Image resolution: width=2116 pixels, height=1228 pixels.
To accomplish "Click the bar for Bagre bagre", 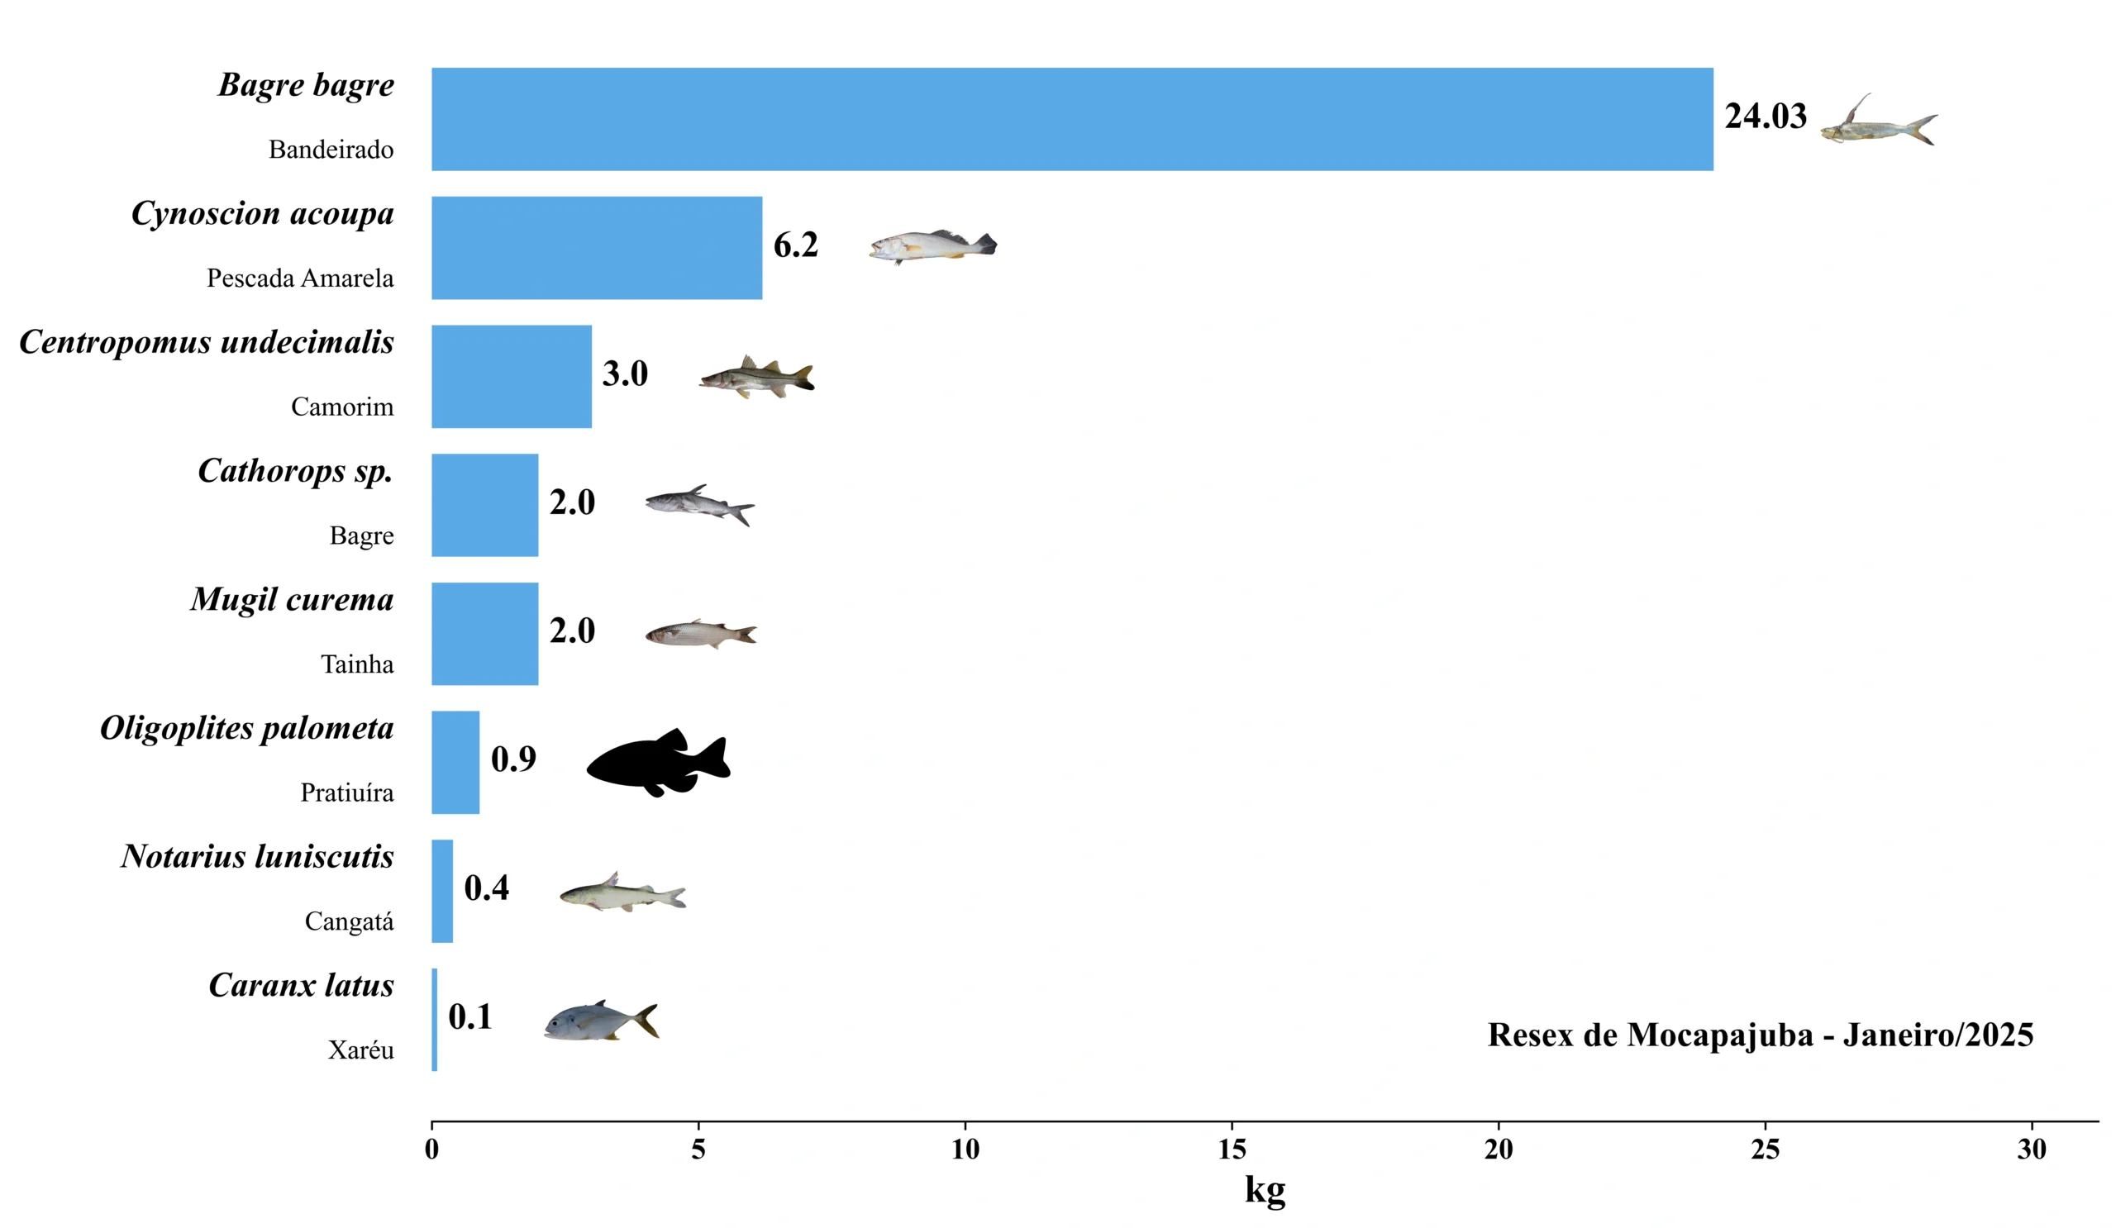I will [x=1071, y=119].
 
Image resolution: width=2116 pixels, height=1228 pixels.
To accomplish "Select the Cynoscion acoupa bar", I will [x=596, y=248].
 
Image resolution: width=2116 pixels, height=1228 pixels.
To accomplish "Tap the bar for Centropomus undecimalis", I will [x=511, y=376].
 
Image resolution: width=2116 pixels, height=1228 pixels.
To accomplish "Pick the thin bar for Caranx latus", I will [x=434, y=1019].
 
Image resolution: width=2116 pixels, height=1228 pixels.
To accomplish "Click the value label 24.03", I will [x=1765, y=116].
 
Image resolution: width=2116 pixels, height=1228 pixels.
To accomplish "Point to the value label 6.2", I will [x=795, y=245].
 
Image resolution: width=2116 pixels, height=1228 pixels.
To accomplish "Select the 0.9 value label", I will [x=513, y=759].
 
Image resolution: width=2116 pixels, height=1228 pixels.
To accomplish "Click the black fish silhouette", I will [x=658, y=762].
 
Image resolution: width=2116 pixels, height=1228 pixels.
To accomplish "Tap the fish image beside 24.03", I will [x=1880, y=121].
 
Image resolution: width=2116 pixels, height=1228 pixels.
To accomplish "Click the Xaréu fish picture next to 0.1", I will [x=600, y=1021].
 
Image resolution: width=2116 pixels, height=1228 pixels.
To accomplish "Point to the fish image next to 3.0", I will [x=756, y=377].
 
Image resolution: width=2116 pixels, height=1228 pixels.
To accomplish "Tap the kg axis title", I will [x=1265, y=1190].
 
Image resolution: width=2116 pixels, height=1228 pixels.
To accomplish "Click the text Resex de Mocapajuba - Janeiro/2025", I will [x=1760, y=1035].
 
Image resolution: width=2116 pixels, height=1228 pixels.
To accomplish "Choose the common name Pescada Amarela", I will [x=300, y=278].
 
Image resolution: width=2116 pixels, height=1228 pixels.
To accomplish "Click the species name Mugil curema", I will [x=292, y=599].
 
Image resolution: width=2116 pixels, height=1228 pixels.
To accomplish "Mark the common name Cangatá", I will [x=349, y=921].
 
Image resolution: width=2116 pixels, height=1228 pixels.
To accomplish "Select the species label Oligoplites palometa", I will [x=246, y=728].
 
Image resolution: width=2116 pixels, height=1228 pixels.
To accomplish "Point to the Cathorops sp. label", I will [x=295, y=471].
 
